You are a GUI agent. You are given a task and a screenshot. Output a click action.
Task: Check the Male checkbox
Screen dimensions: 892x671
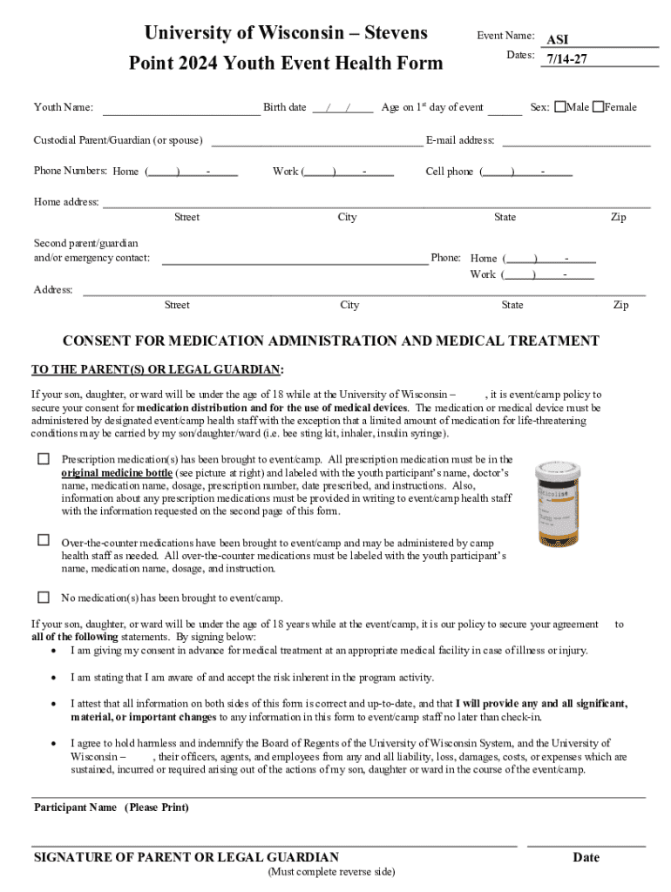[559, 107]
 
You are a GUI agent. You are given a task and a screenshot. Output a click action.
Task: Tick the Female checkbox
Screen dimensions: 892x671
[598, 107]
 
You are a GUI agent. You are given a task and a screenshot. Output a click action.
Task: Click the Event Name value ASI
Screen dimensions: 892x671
[557, 40]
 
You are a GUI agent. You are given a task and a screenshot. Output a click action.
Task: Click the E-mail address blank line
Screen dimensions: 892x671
[576, 140]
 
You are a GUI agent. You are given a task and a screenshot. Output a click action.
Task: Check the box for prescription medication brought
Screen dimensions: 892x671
[43, 459]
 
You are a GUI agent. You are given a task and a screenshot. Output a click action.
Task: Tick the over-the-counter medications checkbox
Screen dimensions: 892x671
[43, 540]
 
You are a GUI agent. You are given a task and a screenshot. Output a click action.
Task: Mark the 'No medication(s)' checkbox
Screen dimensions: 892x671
[43, 598]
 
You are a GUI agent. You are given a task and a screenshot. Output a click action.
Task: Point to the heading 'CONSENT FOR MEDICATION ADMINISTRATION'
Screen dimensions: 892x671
[330, 341]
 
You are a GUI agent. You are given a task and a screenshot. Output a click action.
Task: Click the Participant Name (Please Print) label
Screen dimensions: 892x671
[111, 808]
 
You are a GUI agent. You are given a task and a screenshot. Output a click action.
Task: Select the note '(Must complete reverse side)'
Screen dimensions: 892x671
[331, 872]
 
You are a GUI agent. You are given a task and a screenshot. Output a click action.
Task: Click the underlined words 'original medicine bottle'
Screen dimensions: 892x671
[117, 472]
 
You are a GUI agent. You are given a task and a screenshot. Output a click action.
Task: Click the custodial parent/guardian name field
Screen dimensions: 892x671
[317, 141]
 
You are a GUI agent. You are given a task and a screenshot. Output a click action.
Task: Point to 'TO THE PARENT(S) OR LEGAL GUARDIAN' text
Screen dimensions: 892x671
[157, 368]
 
